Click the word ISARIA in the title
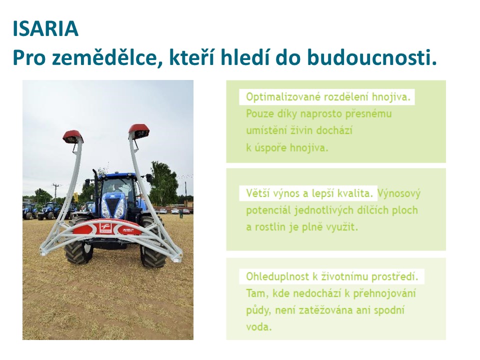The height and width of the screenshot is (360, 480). point(45,28)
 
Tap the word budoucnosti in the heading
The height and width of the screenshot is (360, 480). point(372,57)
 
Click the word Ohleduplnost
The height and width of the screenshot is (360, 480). point(277,276)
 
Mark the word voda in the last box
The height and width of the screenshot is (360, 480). point(258,327)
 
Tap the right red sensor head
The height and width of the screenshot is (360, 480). point(139,130)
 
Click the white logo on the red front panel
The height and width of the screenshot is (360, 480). point(105,228)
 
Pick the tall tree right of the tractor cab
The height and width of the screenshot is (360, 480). point(164,183)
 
